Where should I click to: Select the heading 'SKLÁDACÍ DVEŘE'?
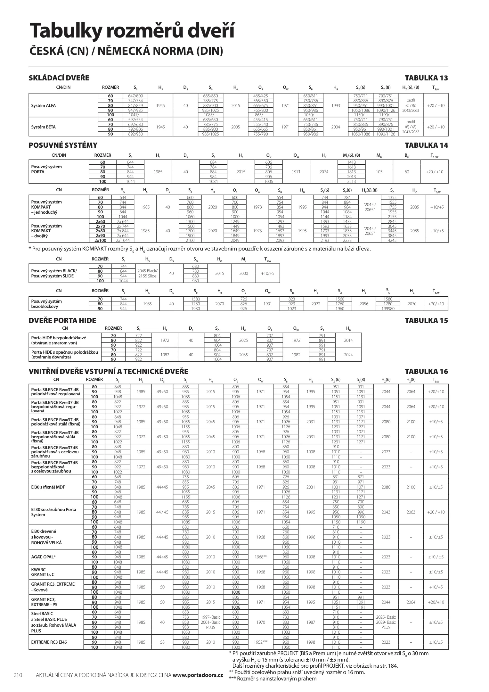59,78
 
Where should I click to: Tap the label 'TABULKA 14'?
426,145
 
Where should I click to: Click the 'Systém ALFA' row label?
43,105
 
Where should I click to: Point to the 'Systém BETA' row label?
43,127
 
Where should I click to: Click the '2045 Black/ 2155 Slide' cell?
147,273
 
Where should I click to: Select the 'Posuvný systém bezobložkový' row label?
46,304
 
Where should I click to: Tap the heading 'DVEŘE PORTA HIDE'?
62,320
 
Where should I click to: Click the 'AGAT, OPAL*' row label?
43,557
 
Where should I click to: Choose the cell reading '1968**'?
261,557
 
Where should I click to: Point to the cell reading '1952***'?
261,642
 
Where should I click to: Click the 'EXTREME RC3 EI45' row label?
49,642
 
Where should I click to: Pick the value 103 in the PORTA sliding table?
379,172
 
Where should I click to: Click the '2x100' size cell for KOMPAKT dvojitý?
100,240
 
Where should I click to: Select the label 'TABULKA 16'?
426,371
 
